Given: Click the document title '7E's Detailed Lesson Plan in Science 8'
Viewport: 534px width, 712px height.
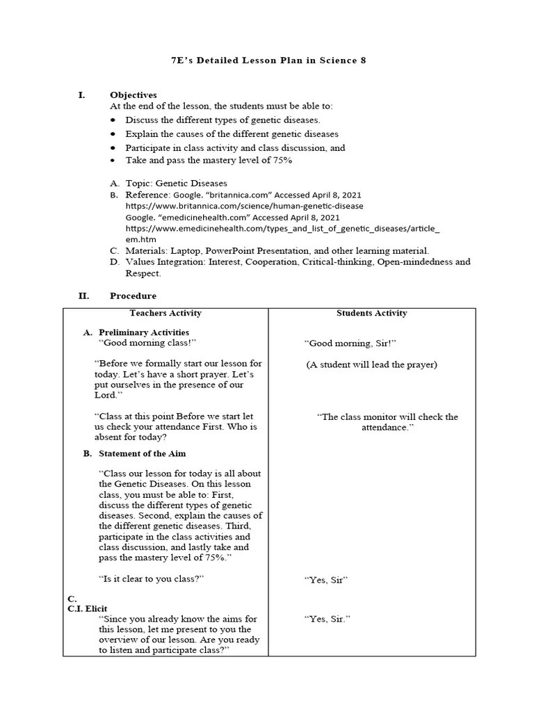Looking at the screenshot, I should (x=268, y=60).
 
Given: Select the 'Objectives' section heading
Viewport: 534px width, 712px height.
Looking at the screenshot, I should (x=133, y=95).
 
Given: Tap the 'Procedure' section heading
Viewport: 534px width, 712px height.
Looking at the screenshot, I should (x=133, y=296).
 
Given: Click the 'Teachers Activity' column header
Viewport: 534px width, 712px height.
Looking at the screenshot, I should (x=165, y=313).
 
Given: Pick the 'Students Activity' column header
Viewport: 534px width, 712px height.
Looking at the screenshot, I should (x=372, y=313).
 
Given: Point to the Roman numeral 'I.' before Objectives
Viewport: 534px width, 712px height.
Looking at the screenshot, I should (x=81, y=95).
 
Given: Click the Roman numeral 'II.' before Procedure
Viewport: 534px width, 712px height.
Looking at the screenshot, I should (x=83, y=296).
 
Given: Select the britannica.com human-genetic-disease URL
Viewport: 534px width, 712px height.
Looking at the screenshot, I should (x=244, y=206).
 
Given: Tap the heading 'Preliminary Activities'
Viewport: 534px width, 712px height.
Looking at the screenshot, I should (x=144, y=332).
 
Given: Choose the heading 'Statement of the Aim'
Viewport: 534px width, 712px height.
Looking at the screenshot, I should (x=142, y=453).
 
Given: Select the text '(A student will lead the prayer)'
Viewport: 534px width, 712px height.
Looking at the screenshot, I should (x=372, y=364).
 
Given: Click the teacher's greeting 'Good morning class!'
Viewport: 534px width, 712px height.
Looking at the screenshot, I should (x=147, y=343).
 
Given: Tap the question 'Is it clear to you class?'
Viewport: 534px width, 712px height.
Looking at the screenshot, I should (x=153, y=578).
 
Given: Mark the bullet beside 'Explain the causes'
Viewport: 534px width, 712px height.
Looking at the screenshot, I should (x=113, y=134).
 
